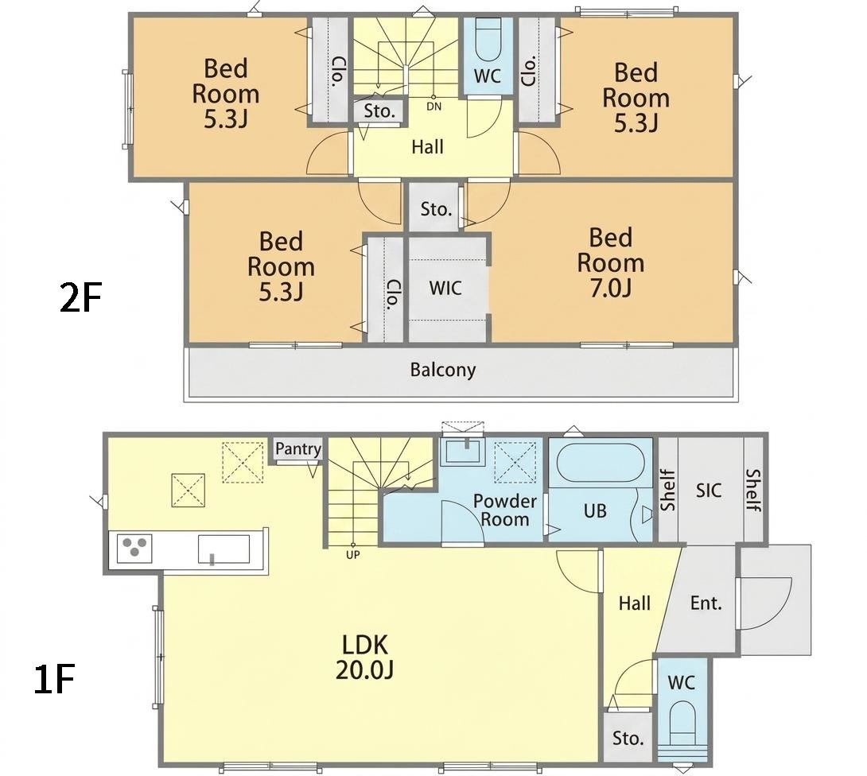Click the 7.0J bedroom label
610,262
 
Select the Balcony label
443,369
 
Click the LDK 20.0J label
364,658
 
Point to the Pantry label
298,448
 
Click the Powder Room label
505,510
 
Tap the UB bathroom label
595,510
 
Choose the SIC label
708,490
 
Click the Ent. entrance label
706,603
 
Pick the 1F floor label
54,679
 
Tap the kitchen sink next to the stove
224,549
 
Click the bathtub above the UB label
600,464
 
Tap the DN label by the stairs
434,107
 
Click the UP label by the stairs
353,554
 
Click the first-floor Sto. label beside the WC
628,738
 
